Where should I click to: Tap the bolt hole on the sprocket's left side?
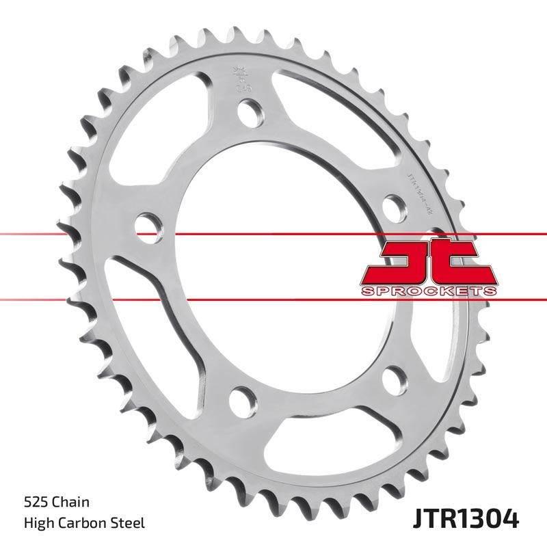(146, 226)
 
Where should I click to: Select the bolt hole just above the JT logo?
(393, 205)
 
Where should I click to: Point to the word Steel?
(129, 524)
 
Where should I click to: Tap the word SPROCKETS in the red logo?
(428, 291)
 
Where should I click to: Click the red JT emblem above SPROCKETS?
(427, 263)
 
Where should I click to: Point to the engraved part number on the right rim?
(423, 195)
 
